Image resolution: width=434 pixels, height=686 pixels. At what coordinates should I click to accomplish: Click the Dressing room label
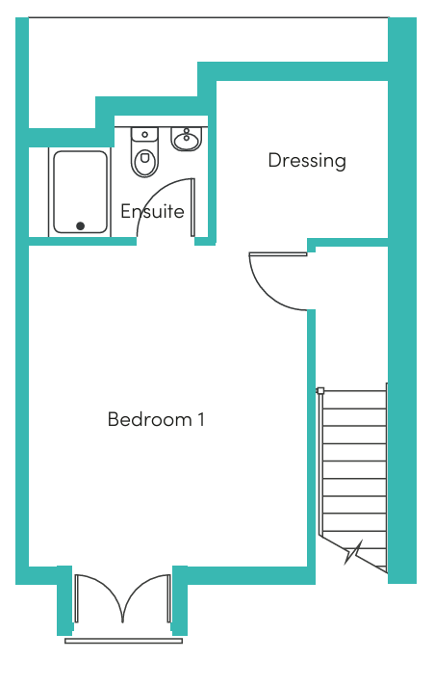pyautogui.click(x=307, y=161)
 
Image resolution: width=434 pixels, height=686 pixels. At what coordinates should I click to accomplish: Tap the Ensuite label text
pyautogui.click(x=152, y=211)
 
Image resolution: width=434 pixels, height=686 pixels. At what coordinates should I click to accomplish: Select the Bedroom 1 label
pyautogui.click(x=156, y=419)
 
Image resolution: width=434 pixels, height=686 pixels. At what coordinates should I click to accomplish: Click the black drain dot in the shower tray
pyautogui.click(x=81, y=225)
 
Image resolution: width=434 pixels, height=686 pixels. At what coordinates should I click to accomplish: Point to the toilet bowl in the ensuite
pyautogui.click(x=145, y=162)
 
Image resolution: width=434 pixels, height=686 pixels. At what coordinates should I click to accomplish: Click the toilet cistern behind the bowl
pyautogui.click(x=144, y=134)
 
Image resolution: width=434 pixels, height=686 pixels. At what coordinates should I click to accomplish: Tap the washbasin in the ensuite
pyautogui.click(x=187, y=139)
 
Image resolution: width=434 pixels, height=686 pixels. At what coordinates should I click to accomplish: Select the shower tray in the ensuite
pyautogui.click(x=81, y=192)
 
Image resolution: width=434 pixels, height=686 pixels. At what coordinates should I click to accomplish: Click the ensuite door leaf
pyautogui.click(x=192, y=207)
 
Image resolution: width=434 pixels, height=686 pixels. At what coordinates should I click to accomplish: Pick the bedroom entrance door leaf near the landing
pyautogui.click(x=278, y=253)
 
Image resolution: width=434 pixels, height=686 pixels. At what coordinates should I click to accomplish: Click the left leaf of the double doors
pyautogui.click(x=76, y=598)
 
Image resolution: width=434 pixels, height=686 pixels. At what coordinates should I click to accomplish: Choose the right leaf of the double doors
pyautogui.click(x=168, y=598)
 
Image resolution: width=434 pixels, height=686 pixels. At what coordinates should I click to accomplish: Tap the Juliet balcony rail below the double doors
pyautogui.click(x=124, y=641)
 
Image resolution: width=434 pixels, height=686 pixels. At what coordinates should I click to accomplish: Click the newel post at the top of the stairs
pyautogui.click(x=319, y=390)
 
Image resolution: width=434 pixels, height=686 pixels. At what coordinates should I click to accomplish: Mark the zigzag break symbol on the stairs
pyautogui.click(x=354, y=553)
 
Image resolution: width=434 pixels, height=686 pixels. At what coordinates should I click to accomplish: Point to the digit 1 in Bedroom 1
pyautogui.click(x=201, y=419)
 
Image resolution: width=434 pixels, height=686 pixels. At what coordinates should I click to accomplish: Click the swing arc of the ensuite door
pyautogui.click(x=154, y=192)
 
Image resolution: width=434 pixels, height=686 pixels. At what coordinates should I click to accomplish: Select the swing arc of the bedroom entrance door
pyautogui.click(x=268, y=294)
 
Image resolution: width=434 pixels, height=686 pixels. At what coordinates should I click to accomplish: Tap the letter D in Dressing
pyautogui.click(x=273, y=160)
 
